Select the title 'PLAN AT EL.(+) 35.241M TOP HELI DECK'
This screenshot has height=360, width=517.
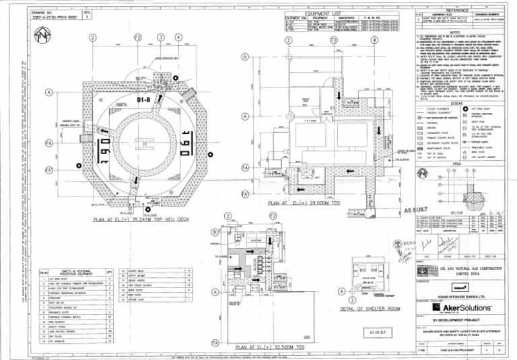coord(143,219)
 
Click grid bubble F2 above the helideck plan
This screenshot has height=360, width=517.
coord(139,37)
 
